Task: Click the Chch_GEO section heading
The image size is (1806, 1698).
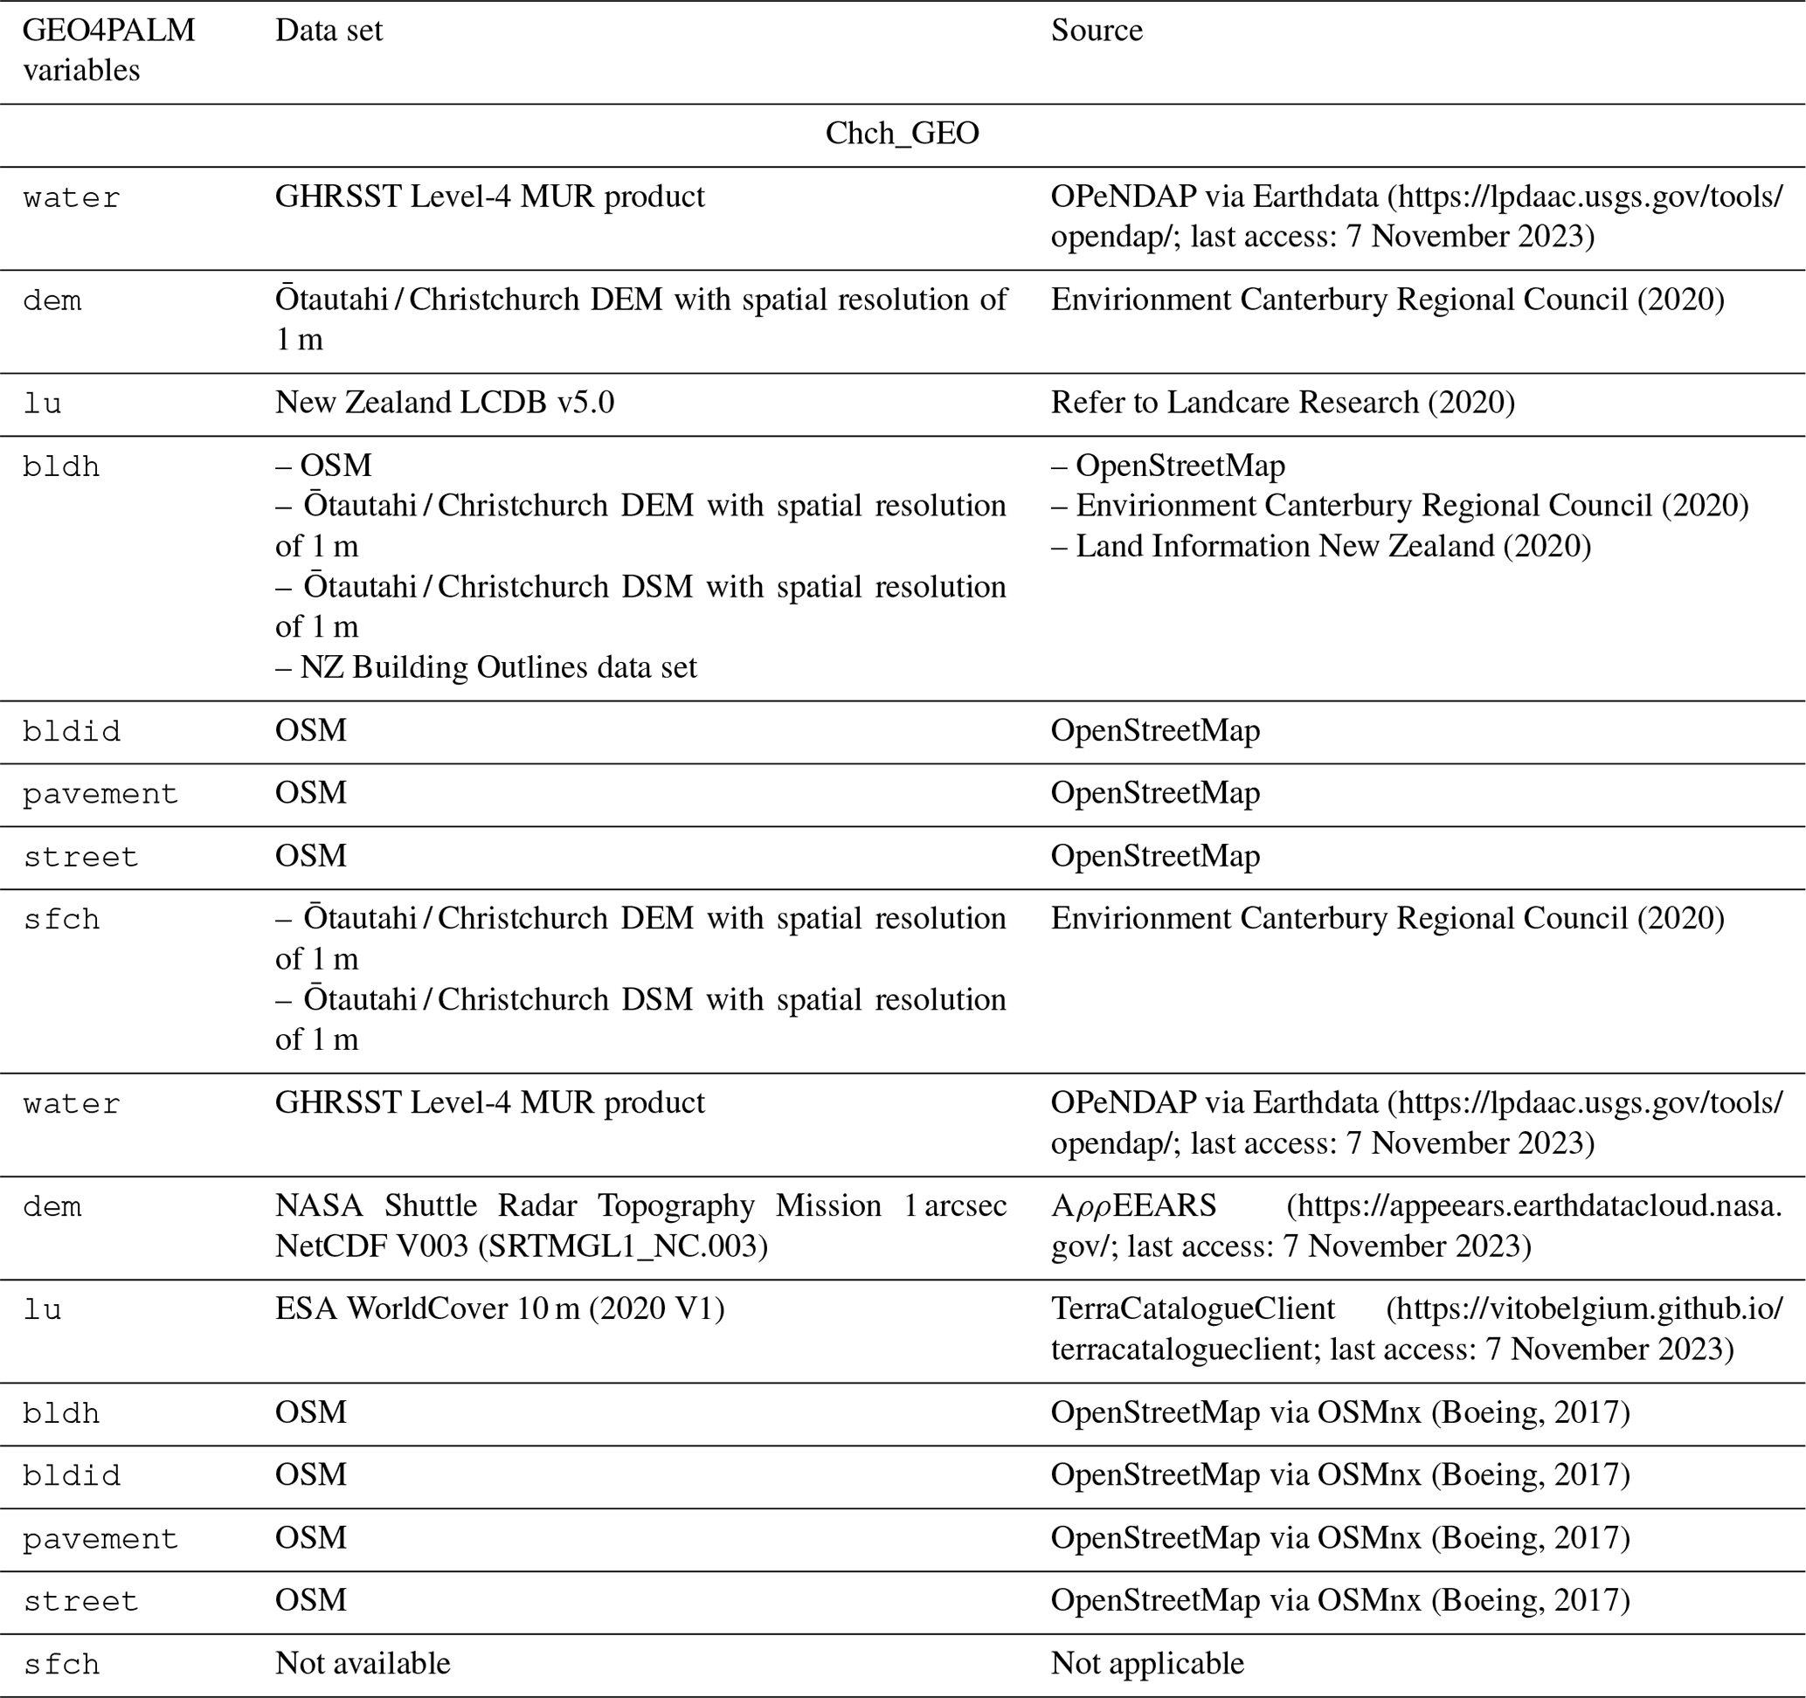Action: click(x=901, y=134)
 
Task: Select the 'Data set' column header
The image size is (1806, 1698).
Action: click(x=329, y=31)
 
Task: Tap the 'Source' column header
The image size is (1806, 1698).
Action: click(x=1097, y=31)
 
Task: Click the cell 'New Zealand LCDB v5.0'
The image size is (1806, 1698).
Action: click(x=444, y=403)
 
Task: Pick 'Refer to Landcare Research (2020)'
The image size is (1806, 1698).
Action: click(x=1283, y=403)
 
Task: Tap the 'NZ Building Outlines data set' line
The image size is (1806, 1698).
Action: click(x=486, y=667)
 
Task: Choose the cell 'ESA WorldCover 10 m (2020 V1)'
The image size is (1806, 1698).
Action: click(x=500, y=1309)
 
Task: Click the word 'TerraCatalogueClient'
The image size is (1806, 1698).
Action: click(x=1193, y=1309)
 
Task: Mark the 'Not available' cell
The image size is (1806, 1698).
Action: click(x=363, y=1663)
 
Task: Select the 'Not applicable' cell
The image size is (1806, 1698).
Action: click(x=1147, y=1663)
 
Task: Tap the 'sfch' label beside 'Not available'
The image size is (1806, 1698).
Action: click(x=61, y=1665)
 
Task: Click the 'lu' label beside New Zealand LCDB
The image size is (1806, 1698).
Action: click(x=42, y=404)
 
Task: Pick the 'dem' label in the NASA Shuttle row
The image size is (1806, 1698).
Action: click(x=52, y=1208)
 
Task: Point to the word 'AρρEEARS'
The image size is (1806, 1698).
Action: click(x=1133, y=1206)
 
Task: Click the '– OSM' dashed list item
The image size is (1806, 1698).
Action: click(x=323, y=466)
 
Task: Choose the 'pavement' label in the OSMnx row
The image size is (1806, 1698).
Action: click(x=100, y=1539)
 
